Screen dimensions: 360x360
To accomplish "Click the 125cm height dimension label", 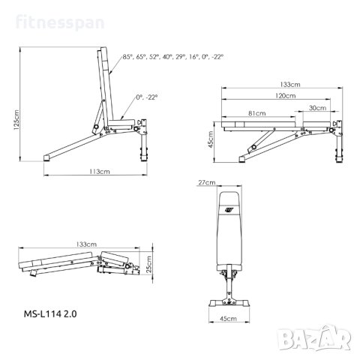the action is [16, 119].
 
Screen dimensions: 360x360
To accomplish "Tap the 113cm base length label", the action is [100, 172].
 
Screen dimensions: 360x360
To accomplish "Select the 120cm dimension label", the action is [285, 95].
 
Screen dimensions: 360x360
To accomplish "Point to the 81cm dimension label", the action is [257, 113].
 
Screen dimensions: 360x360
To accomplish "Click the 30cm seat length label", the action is [317, 108].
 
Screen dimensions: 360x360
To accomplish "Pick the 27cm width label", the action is [207, 182].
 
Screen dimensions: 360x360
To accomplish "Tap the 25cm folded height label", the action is [148, 264].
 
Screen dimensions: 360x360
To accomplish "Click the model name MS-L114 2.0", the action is [50, 313].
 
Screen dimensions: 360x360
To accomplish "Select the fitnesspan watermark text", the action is [60, 22].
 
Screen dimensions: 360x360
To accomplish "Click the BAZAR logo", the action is [314, 338].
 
